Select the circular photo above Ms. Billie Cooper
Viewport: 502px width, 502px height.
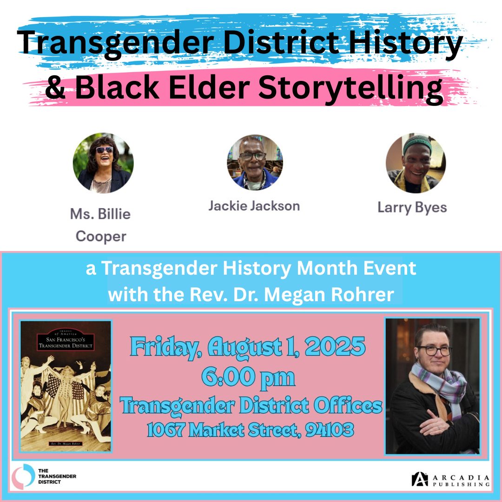click(103, 163)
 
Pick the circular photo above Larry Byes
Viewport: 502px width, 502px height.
click(416, 163)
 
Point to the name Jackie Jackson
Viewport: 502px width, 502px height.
click(254, 205)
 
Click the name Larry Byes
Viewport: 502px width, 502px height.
click(412, 207)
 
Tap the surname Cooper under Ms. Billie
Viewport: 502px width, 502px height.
click(101, 236)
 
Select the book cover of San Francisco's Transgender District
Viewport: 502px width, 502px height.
click(66, 386)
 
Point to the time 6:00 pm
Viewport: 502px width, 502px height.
click(248, 377)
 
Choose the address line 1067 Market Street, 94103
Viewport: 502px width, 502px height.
click(250, 430)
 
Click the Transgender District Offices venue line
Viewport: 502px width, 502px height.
click(251, 406)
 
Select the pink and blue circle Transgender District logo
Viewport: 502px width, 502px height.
click(23, 475)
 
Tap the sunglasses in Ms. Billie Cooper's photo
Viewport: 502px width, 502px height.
click(104, 150)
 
